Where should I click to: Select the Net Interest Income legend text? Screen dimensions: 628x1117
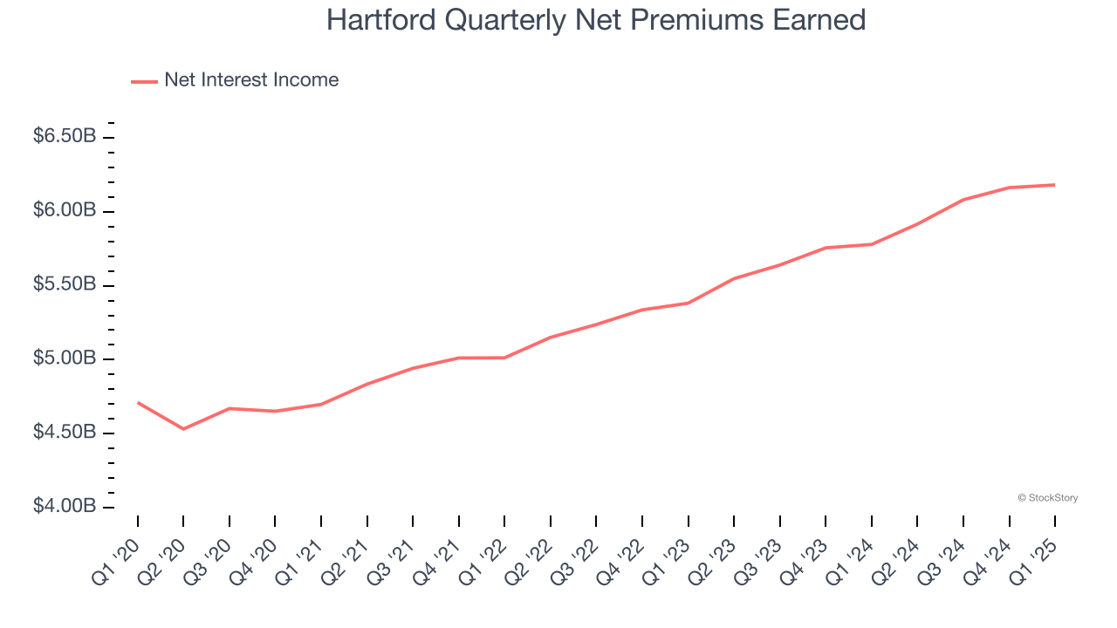(x=251, y=80)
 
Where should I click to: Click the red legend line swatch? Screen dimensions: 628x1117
(x=144, y=81)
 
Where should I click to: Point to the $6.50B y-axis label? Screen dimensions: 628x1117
(x=65, y=137)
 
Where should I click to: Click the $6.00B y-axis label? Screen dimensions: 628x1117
(x=65, y=211)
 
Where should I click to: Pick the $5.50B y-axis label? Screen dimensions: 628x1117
(x=65, y=285)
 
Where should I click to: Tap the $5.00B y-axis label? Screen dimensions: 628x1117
(x=65, y=359)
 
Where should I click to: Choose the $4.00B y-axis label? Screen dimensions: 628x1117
(x=65, y=507)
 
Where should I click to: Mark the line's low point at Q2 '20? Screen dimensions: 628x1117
(x=183, y=429)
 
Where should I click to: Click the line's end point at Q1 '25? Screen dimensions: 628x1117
(x=1054, y=185)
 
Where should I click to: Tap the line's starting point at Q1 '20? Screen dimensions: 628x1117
(x=138, y=402)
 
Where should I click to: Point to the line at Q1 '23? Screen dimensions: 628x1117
(x=689, y=303)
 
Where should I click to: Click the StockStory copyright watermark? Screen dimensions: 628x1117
(x=1047, y=498)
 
